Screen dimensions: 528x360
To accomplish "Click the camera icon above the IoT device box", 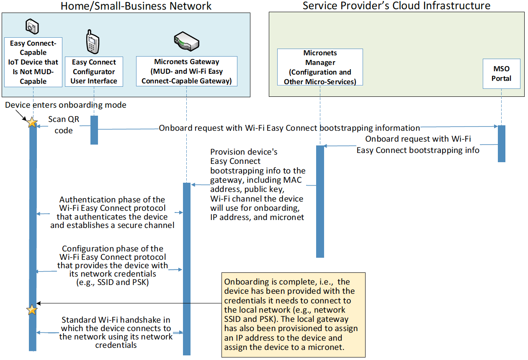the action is (32, 26).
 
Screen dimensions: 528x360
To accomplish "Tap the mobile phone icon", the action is (93, 42).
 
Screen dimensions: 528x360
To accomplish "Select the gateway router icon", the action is (187, 41).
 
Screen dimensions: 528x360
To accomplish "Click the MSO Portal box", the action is (501, 74).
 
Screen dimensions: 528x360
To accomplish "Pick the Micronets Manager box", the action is (320, 67).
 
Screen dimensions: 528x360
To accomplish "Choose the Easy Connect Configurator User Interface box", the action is (94, 72).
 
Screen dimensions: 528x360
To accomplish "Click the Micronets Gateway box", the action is (187, 71).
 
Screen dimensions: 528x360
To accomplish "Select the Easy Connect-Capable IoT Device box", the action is (33, 62).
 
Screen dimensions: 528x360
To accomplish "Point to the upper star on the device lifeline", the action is (32, 122).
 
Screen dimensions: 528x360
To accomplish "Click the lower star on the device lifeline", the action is (32, 310).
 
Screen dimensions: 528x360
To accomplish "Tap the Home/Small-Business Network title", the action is (136, 6).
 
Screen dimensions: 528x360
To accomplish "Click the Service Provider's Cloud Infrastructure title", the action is (397, 6).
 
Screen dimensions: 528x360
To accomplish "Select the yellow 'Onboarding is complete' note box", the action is (294, 315).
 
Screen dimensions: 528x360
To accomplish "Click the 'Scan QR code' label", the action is (64, 125).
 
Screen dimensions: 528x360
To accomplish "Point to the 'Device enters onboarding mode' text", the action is (65, 105).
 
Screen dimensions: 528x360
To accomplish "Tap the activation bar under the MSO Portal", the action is (501, 144).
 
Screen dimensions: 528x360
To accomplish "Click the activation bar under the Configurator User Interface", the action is (94, 130).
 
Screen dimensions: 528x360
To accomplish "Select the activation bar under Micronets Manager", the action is (320, 202).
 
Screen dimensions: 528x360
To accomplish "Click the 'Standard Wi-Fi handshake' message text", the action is (116, 332).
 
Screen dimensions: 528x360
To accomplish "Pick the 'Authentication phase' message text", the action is (112, 212).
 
